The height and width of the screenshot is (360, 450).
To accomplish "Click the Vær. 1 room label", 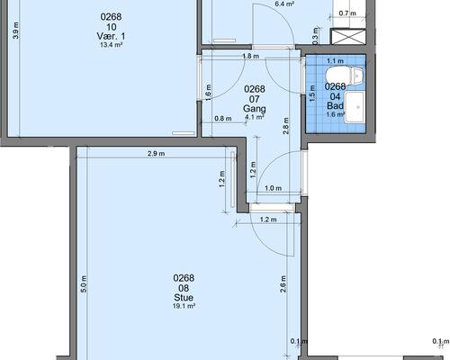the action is pos(111,36).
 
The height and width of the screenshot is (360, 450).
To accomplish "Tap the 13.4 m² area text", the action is pos(111,45).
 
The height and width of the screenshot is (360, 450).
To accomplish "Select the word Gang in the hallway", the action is pos(255,109).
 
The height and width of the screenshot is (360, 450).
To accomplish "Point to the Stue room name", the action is pos(184,298).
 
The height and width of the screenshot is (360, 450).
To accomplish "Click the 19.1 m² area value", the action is pos(184,306).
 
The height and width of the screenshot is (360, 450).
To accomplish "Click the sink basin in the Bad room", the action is pos(354,107).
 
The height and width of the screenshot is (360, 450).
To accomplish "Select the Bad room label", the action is pos(335,105).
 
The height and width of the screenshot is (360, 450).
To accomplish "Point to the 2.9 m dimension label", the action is pos(157,154).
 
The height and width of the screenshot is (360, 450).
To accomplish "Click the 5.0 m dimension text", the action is pos(84,284).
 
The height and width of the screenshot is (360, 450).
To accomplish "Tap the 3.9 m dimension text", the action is pos(16,31).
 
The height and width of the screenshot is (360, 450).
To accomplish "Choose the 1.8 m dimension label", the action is pos(250,56).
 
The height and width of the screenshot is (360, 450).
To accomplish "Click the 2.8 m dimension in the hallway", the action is pos(286,126).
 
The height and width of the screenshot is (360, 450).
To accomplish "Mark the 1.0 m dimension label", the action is pos(274,188).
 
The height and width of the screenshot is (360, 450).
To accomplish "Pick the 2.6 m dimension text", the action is pos(283,284).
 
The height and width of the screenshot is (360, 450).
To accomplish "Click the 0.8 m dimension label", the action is pos(223,119).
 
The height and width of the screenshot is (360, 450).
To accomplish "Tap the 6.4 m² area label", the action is pos(284,4).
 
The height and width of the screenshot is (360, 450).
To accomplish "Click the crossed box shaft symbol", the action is pos(348,37).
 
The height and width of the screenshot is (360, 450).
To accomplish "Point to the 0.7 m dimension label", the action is pos(347,13).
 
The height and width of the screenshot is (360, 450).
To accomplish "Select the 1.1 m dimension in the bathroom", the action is pos(335,61).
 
